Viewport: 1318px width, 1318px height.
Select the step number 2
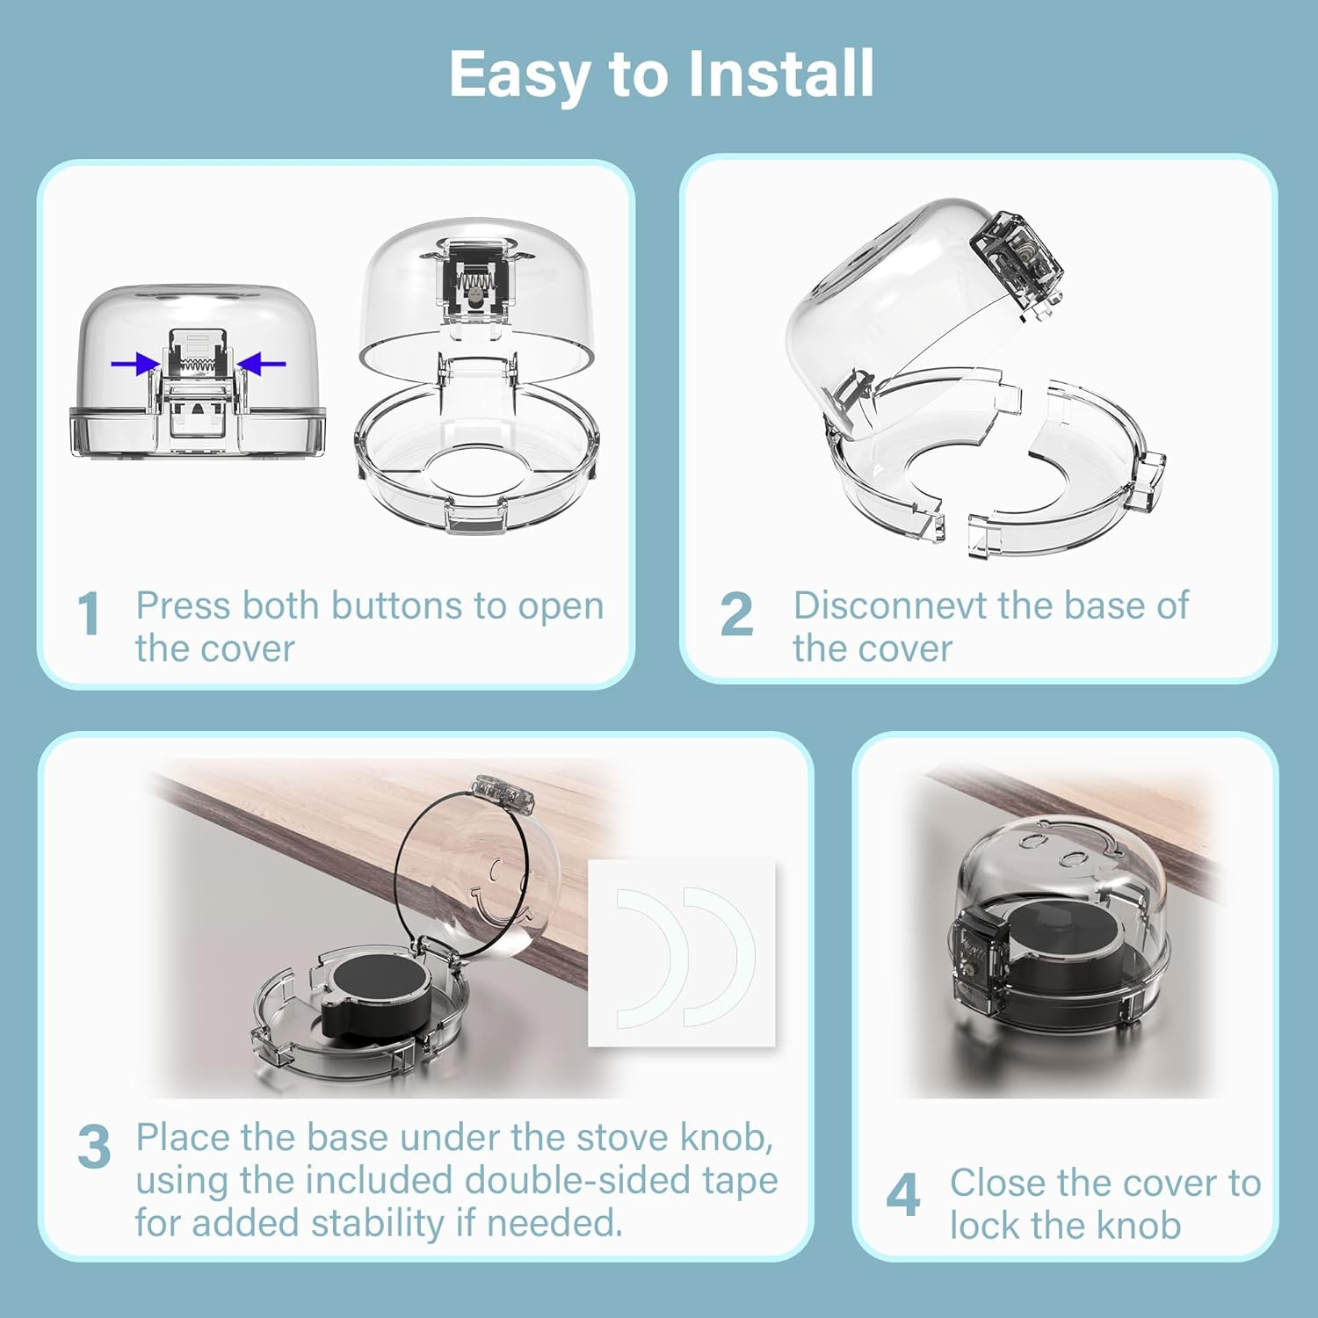pos(736,614)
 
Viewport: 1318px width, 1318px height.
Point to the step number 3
pos(94,1147)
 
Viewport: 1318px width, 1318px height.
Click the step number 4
pos(902,1196)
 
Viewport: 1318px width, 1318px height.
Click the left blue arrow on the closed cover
pos(134,364)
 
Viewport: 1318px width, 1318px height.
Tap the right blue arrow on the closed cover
pos(263,364)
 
